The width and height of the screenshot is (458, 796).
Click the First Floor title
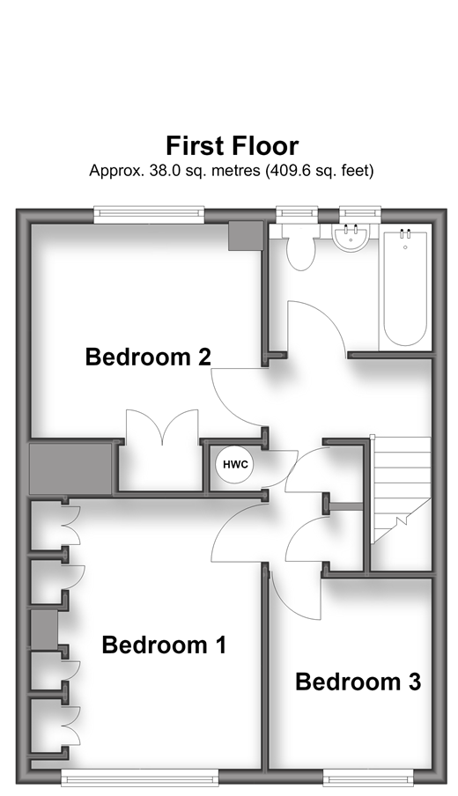tap(232, 146)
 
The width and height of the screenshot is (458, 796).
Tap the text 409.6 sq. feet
tap(318, 171)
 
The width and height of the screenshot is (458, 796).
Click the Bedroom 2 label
tap(148, 357)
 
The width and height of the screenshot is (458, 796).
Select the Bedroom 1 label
tap(164, 645)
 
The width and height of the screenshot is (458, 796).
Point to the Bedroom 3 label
tap(358, 682)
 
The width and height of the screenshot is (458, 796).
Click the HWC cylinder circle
tap(235, 464)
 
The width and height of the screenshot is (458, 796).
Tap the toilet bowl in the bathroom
tap(300, 253)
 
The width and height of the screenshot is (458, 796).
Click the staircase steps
tap(401, 487)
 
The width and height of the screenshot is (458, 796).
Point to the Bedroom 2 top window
tap(149, 214)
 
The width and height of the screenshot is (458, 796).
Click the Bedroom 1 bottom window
tap(140, 778)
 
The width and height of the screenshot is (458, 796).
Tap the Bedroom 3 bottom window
tap(367, 778)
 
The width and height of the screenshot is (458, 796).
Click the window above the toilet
tap(297, 214)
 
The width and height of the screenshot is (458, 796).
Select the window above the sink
tap(360, 214)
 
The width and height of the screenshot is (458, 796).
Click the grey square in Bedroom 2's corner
tap(245, 236)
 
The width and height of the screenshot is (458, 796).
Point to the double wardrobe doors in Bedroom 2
tap(162, 427)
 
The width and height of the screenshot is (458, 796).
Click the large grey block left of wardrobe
tap(70, 468)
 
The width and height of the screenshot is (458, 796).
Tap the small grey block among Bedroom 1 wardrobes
tap(44, 630)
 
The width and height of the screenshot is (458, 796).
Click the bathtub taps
tap(405, 233)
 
